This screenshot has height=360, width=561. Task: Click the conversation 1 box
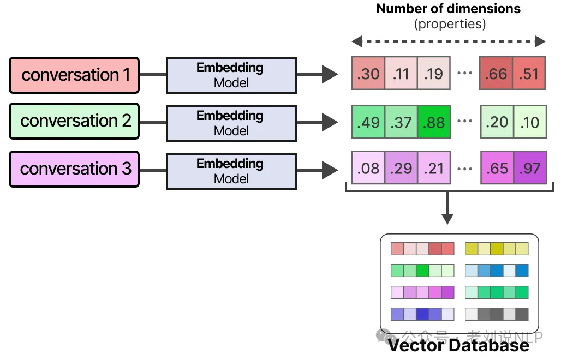74,75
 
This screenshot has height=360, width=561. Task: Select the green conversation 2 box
74,121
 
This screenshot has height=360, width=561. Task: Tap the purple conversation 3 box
74,169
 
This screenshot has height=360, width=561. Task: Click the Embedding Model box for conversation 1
230,75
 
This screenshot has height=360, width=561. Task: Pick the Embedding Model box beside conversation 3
230,171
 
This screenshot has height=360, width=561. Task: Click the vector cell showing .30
368,74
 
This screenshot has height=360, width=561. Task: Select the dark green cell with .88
434,122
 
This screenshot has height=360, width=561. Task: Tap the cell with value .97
529,168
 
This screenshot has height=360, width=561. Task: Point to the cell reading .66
496,74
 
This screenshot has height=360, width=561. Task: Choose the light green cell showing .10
529,122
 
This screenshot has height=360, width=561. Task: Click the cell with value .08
368,168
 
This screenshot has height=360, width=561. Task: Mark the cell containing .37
401,122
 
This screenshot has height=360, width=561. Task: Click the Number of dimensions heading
449,9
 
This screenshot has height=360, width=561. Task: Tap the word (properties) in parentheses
449,24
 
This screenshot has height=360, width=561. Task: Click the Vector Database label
458,345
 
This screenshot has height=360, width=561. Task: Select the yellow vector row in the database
497,249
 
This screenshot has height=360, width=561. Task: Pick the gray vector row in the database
497,314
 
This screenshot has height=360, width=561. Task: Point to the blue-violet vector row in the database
422,314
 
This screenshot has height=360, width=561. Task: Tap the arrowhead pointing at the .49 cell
331,122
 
